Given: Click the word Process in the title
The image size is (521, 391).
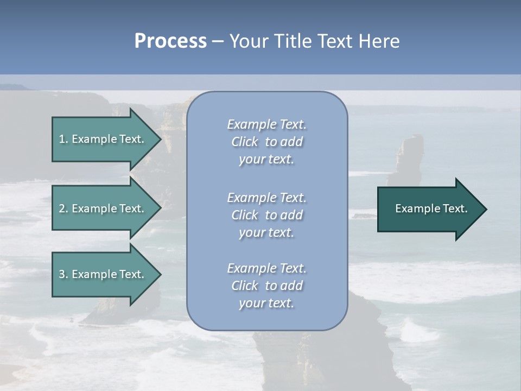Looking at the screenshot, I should click(x=170, y=41).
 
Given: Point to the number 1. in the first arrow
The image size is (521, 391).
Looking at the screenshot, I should click(x=63, y=139).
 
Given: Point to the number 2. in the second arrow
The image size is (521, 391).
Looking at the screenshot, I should click(x=63, y=209).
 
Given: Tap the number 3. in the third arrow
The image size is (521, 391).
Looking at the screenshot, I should click(x=63, y=274).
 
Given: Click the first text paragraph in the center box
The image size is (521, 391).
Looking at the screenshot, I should click(x=266, y=142).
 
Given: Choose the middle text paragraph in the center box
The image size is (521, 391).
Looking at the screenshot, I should click(x=266, y=215).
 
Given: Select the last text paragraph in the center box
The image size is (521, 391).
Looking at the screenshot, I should click(x=266, y=286).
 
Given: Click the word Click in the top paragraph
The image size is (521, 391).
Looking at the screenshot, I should click(x=245, y=142).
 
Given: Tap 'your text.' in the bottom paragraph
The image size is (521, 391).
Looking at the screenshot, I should click(x=266, y=304).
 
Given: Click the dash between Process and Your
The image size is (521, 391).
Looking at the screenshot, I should click(x=218, y=42).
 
